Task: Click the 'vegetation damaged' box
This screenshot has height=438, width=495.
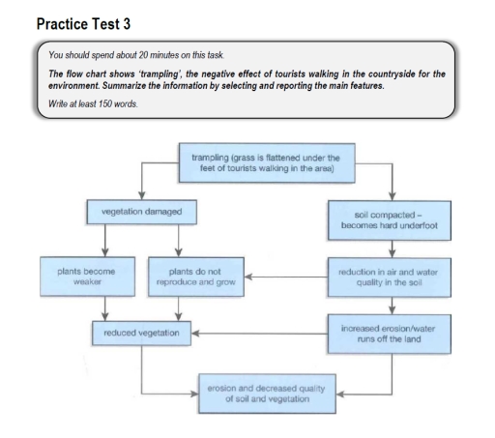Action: [142, 212]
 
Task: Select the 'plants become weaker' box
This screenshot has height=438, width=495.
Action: [87, 277]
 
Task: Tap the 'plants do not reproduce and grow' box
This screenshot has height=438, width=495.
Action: [196, 277]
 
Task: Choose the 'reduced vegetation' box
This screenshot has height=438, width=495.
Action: [141, 333]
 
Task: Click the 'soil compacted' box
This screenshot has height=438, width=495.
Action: [390, 220]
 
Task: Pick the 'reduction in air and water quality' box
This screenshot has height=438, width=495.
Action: [390, 277]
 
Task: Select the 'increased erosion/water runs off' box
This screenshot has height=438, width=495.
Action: [390, 334]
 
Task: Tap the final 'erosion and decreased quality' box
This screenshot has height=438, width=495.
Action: [267, 394]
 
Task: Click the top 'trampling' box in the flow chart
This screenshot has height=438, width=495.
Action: [267, 162]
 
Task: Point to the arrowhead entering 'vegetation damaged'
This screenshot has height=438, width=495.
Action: [141, 195]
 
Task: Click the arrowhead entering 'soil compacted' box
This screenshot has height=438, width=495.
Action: [393, 196]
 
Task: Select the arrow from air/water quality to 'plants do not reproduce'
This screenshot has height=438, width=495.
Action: [286, 277]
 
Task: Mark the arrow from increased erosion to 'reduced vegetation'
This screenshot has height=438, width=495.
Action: [260, 334]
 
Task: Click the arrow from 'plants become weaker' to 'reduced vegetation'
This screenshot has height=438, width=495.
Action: [104, 308]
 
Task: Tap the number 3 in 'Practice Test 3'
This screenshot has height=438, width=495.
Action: [127, 24]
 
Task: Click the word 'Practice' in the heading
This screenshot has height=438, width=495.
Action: [62, 24]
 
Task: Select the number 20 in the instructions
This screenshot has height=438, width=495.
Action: [143, 55]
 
